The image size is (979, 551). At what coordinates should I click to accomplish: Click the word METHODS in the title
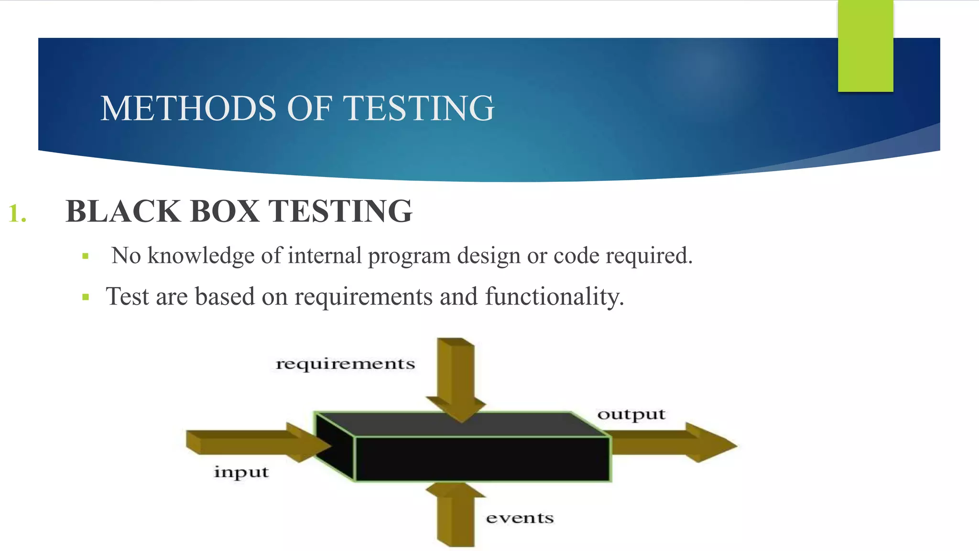pos(189,109)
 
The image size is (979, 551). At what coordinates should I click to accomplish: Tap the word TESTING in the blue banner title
pos(419,109)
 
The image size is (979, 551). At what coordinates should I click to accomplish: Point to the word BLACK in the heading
pos(123,211)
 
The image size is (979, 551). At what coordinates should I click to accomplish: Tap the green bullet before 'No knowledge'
pos(86,256)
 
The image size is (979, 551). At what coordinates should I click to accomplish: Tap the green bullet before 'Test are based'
pos(86,297)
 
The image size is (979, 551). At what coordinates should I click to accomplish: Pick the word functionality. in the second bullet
pos(555,297)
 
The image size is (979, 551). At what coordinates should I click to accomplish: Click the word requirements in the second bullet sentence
pos(363,297)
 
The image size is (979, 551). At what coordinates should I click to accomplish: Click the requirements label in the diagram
pos(345,364)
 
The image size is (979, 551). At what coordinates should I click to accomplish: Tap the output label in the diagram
pos(631,414)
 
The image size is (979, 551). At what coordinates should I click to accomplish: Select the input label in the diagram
pos(241,472)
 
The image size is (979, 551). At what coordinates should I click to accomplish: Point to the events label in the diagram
pos(520,518)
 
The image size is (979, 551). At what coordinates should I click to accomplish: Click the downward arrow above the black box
pos(457,378)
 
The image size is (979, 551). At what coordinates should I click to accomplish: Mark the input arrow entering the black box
pos(253,442)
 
